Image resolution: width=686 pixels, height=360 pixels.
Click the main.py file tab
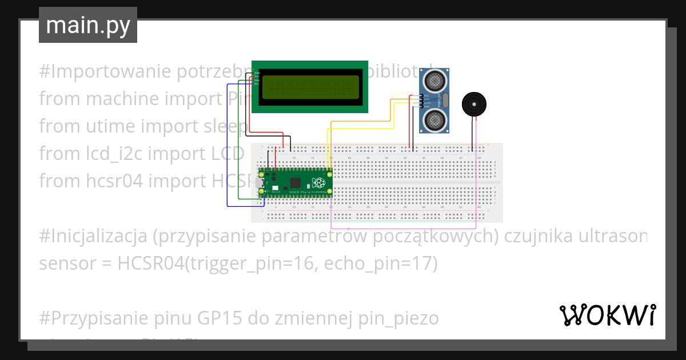(x=87, y=25)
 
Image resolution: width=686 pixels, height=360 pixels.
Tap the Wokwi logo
(x=607, y=315)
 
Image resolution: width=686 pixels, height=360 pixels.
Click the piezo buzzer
(x=475, y=105)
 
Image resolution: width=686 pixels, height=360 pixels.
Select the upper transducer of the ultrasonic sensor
(x=434, y=81)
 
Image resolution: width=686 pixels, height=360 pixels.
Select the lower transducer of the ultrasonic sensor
(x=434, y=119)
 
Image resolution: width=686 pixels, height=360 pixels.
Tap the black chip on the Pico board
(x=296, y=183)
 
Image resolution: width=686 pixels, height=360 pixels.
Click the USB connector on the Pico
(x=265, y=183)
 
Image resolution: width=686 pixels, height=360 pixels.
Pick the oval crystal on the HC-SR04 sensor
(x=446, y=101)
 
